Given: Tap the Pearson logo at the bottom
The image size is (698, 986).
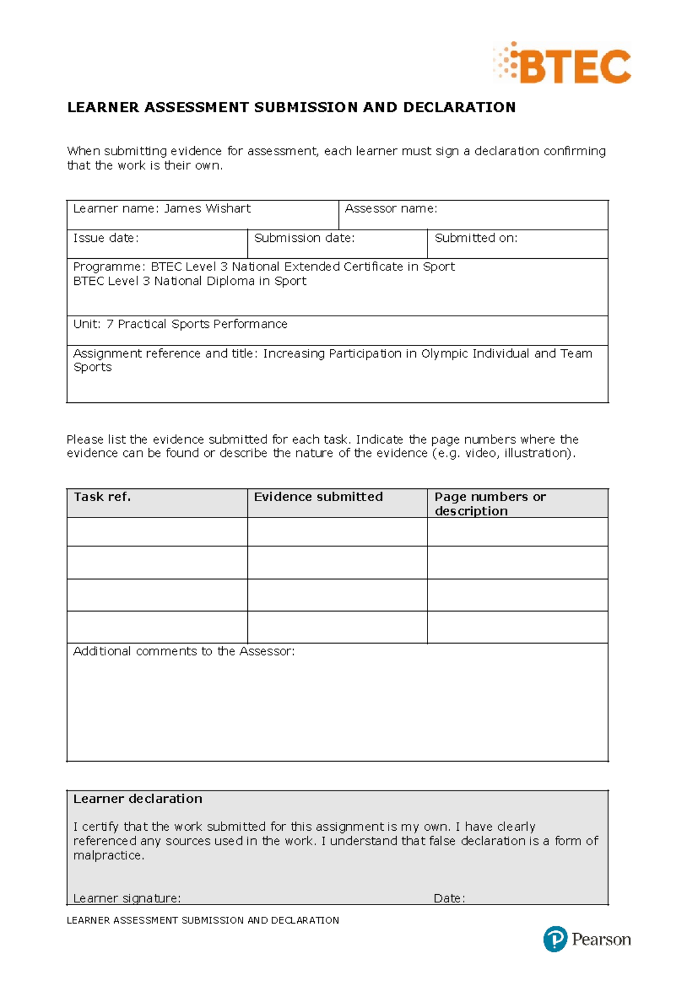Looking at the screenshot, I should point(587,939).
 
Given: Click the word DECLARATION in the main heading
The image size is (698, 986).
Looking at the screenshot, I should point(459,108).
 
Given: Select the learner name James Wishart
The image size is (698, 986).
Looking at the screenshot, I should point(207,209).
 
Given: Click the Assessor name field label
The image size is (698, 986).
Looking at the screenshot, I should point(391,209).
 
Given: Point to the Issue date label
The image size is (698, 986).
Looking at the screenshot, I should point(106,238).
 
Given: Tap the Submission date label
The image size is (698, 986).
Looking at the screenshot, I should point(304,238).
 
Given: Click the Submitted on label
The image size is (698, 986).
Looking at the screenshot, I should point(476,238).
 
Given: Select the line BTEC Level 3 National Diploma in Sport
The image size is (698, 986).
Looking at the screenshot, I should point(190,281).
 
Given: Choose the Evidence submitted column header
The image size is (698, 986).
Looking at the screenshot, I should point(318,497).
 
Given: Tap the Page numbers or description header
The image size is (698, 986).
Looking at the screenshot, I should point(490,503).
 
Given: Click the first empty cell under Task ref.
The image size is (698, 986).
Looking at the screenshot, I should point(157,531).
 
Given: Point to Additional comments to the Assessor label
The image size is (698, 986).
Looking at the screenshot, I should point(184,652).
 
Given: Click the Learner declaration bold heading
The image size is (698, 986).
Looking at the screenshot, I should point(138,799).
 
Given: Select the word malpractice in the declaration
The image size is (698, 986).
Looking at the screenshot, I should point(108,856).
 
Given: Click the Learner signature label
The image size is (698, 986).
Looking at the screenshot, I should point(127,898).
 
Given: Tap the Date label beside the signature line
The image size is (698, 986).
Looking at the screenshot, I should point(449,898).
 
